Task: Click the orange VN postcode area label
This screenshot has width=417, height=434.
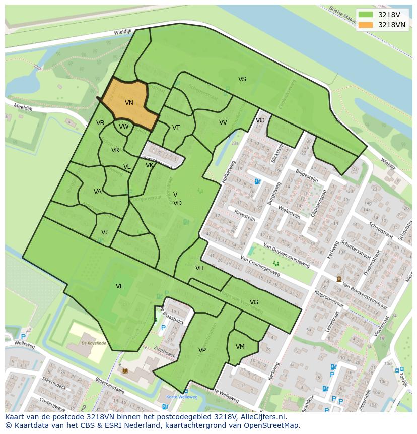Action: [129, 103]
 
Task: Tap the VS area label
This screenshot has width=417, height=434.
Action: [242, 79]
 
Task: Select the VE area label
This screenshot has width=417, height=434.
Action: [119, 286]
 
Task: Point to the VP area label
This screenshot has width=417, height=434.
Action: [202, 350]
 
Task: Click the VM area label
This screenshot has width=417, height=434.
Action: [240, 347]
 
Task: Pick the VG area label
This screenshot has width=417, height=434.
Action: [254, 302]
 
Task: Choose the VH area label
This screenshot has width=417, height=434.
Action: [199, 268]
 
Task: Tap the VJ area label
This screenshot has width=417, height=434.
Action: [104, 232]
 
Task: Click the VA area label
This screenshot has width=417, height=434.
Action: [98, 192]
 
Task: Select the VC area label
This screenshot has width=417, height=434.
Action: [260, 120]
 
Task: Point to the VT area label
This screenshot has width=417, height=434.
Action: [176, 128]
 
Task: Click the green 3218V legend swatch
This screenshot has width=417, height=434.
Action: [366, 15]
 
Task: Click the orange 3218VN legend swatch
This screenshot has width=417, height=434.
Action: [366, 25]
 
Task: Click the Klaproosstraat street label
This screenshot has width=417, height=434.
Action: [329, 299]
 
